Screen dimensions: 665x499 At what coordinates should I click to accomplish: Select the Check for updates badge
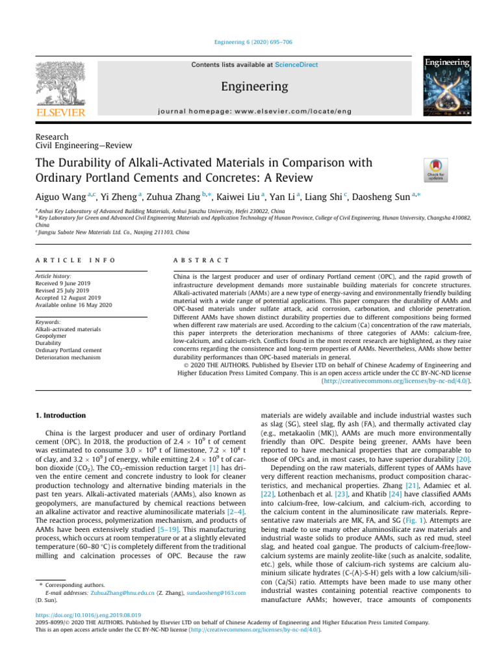(435, 169)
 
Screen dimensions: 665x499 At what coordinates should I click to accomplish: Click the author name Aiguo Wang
(67, 195)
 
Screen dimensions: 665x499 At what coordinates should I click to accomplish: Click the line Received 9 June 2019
(68, 282)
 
